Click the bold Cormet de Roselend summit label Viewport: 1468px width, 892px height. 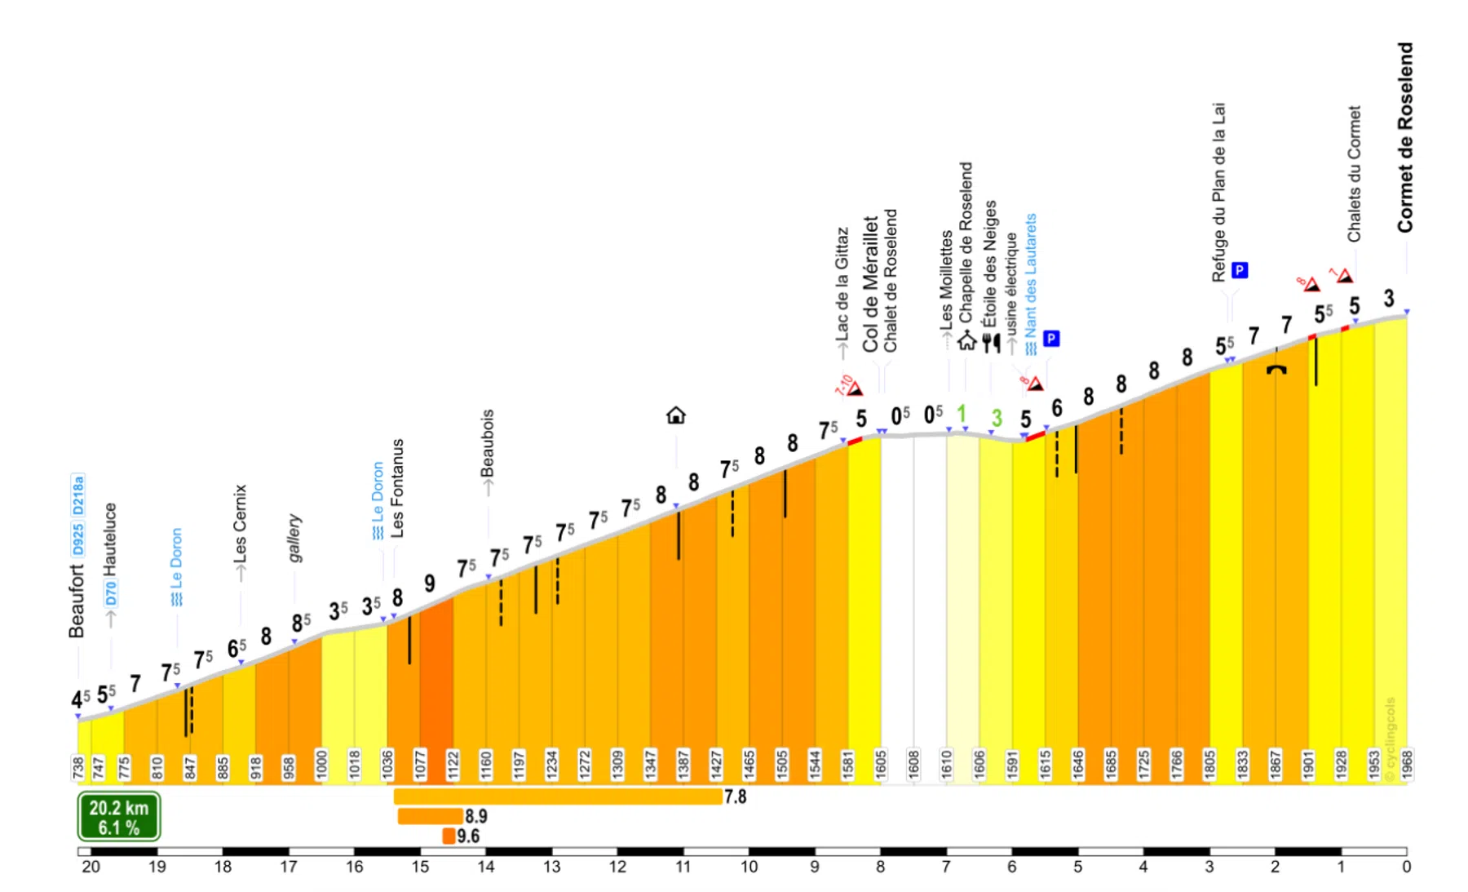tap(1404, 138)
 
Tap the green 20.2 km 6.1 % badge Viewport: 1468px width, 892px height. tap(119, 817)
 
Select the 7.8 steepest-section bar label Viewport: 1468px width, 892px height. tap(735, 797)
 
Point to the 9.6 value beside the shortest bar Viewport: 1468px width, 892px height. tap(468, 836)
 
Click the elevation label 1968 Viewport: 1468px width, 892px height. tap(1406, 766)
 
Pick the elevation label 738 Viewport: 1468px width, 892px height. tap(77, 768)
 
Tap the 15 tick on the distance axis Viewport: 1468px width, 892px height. tap(420, 867)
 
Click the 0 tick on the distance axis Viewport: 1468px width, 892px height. tap(1406, 867)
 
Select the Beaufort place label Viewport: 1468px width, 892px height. tap(77, 601)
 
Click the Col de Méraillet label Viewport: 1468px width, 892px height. tap(870, 284)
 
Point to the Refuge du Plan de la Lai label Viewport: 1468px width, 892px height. tap(1218, 193)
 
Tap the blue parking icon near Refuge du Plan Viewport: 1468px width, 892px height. tap(1240, 270)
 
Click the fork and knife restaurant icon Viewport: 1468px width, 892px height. tap(991, 342)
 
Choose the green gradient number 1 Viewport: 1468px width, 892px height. tap(962, 414)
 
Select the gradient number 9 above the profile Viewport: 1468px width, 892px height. tap(430, 584)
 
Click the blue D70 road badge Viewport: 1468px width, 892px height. tap(111, 593)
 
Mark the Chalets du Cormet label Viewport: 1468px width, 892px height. tap(1354, 174)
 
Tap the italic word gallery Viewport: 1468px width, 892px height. tap(294, 539)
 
